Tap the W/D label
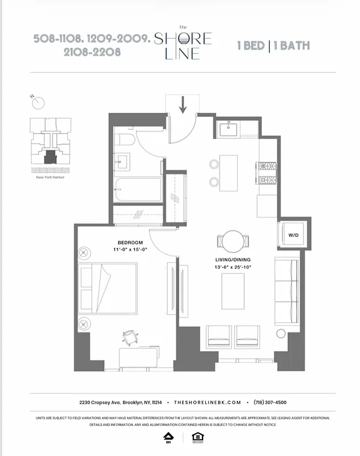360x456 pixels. (293, 234)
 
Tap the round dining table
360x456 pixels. (232, 241)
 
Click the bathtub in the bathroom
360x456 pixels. (134, 190)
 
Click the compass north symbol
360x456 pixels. (38, 103)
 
